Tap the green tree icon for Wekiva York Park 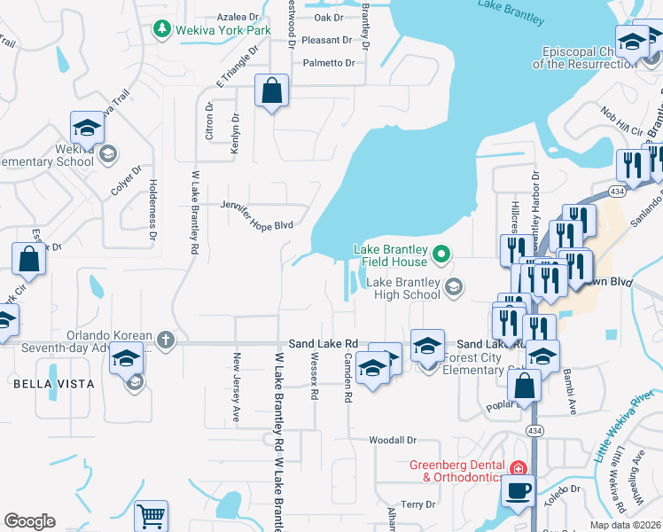pos(161,30)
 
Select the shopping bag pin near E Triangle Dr pos(272,90)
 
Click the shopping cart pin pos(152,516)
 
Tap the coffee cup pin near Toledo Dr pos(519,490)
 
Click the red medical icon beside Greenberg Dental pos(518,467)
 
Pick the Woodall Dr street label pos(393,440)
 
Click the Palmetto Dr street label pos(328,63)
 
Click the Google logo pos(29,521)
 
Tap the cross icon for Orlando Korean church pos(166,340)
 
